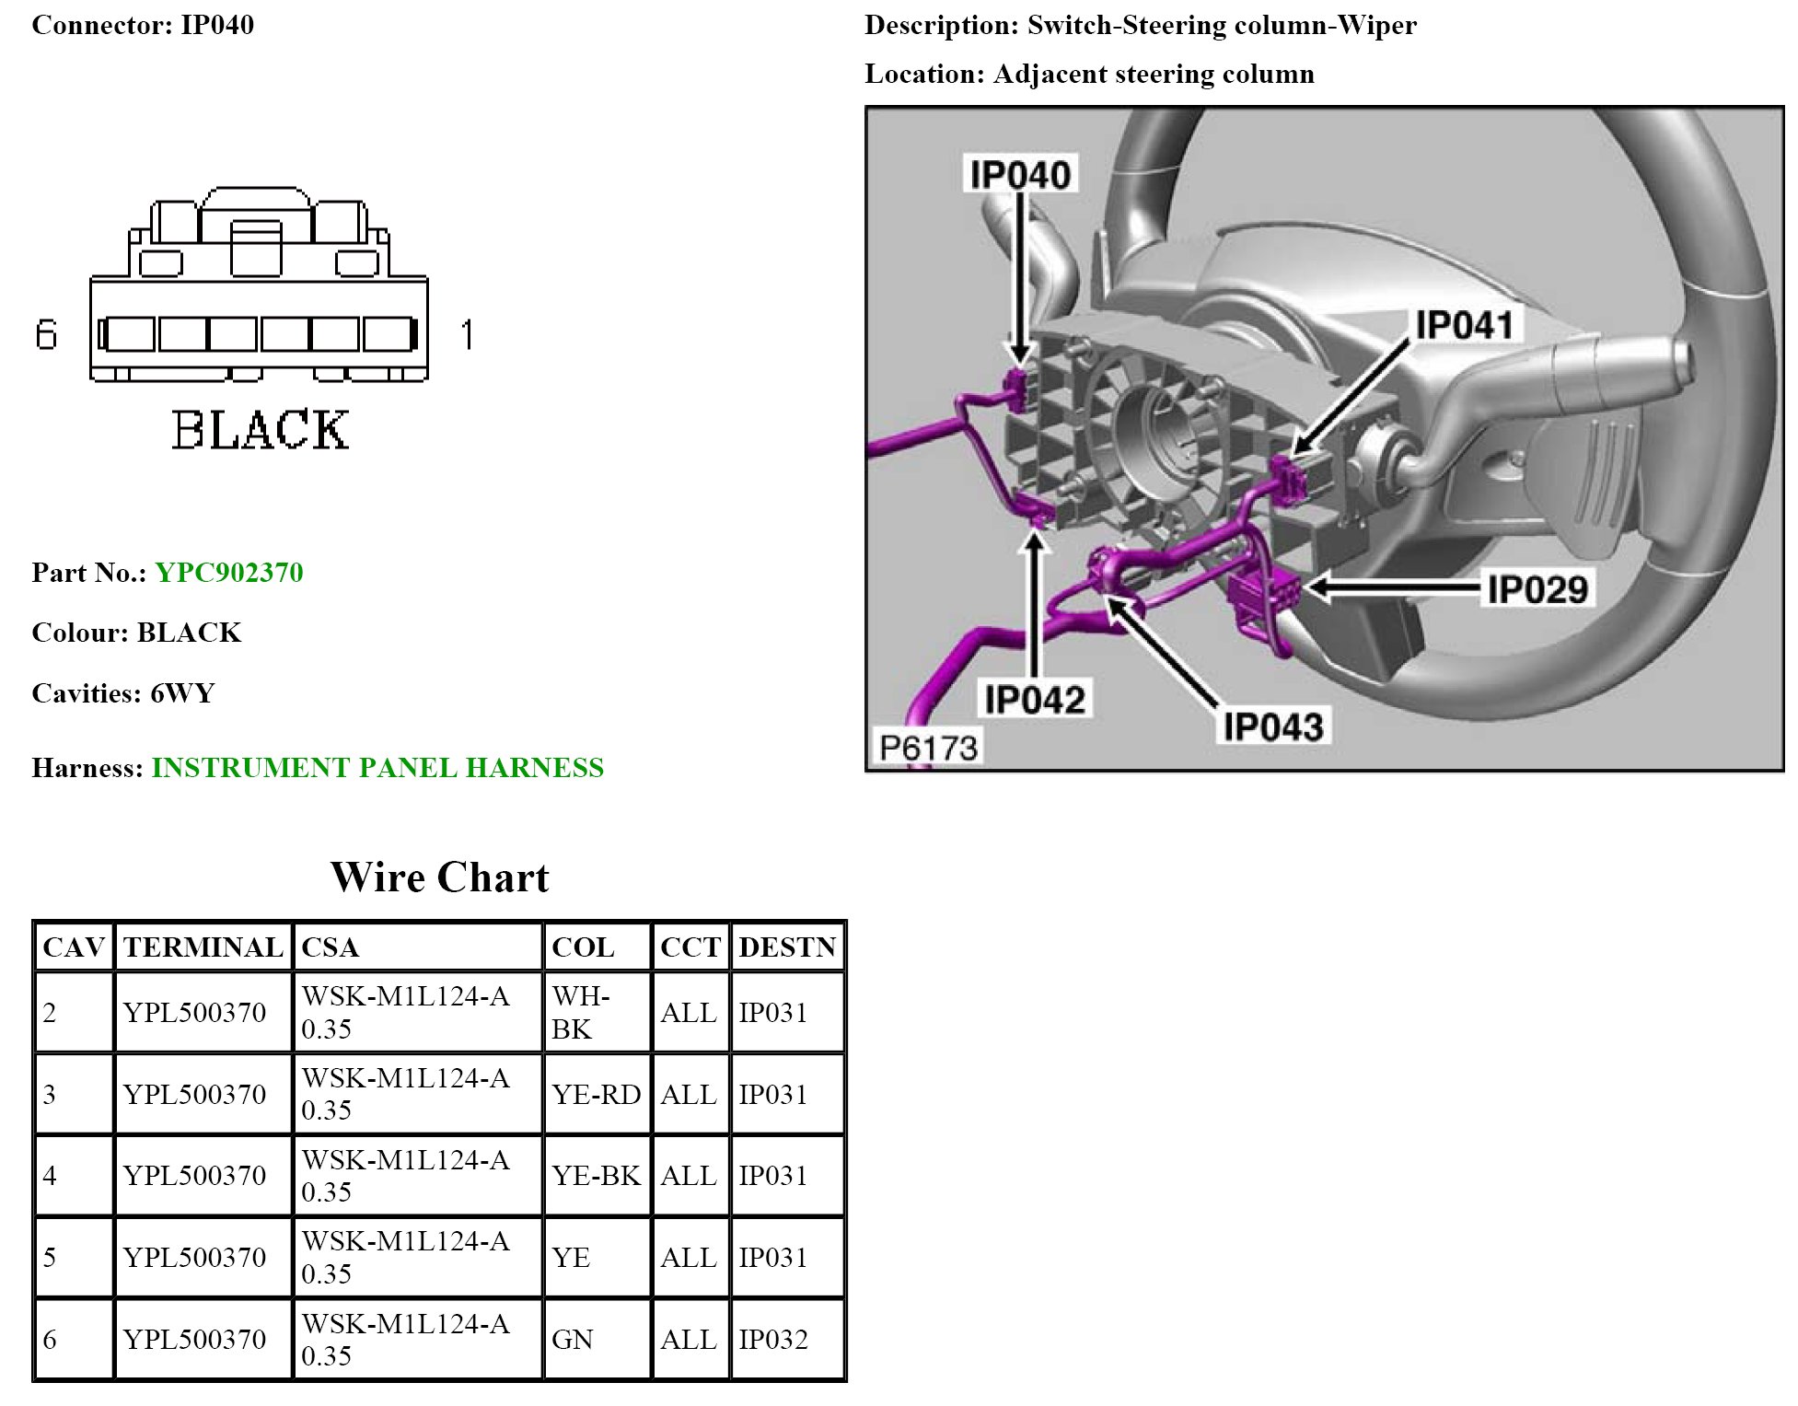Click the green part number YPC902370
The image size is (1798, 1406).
(x=228, y=573)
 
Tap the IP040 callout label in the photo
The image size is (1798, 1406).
(x=1020, y=175)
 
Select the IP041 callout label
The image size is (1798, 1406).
(x=1464, y=325)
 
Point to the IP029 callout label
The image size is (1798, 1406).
(x=1537, y=589)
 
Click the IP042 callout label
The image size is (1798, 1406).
(x=1035, y=700)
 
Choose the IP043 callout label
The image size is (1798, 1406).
(x=1273, y=727)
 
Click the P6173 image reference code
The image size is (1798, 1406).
(x=928, y=748)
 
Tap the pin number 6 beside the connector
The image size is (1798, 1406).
(x=46, y=334)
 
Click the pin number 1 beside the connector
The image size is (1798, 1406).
(x=468, y=334)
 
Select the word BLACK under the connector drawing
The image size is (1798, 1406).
(x=261, y=430)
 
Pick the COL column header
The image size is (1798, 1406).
(x=582, y=947)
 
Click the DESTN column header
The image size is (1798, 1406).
(x=787, y=947)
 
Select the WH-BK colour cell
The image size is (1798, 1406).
(x=580, y=1012)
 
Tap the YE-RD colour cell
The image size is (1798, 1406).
(x=596, y=1094)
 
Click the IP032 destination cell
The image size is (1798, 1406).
(x=773, y=1339)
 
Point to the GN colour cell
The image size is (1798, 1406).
(x=572, y=1339)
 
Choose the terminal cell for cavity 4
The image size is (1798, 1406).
(x=194, y=1176)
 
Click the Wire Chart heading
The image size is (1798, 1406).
(x=439, y=877)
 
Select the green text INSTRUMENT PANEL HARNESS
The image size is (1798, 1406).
(x=377, y=768)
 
